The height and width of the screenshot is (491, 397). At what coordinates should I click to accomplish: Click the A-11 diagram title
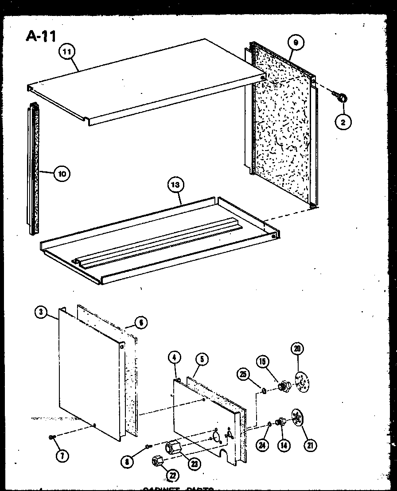pos(41,35)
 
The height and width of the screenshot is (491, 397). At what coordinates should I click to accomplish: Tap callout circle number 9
pos(296,43)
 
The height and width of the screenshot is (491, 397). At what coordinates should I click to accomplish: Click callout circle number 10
pos(62,174)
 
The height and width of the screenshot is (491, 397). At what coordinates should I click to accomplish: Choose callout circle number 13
pos(176,185)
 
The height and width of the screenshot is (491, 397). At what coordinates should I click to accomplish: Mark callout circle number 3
pos(41,312)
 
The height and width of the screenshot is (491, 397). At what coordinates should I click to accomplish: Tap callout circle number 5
pos(201,360)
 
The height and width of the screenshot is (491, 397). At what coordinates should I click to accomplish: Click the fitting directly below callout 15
pos(282,387)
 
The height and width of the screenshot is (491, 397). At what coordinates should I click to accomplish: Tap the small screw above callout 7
pos(52,438)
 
